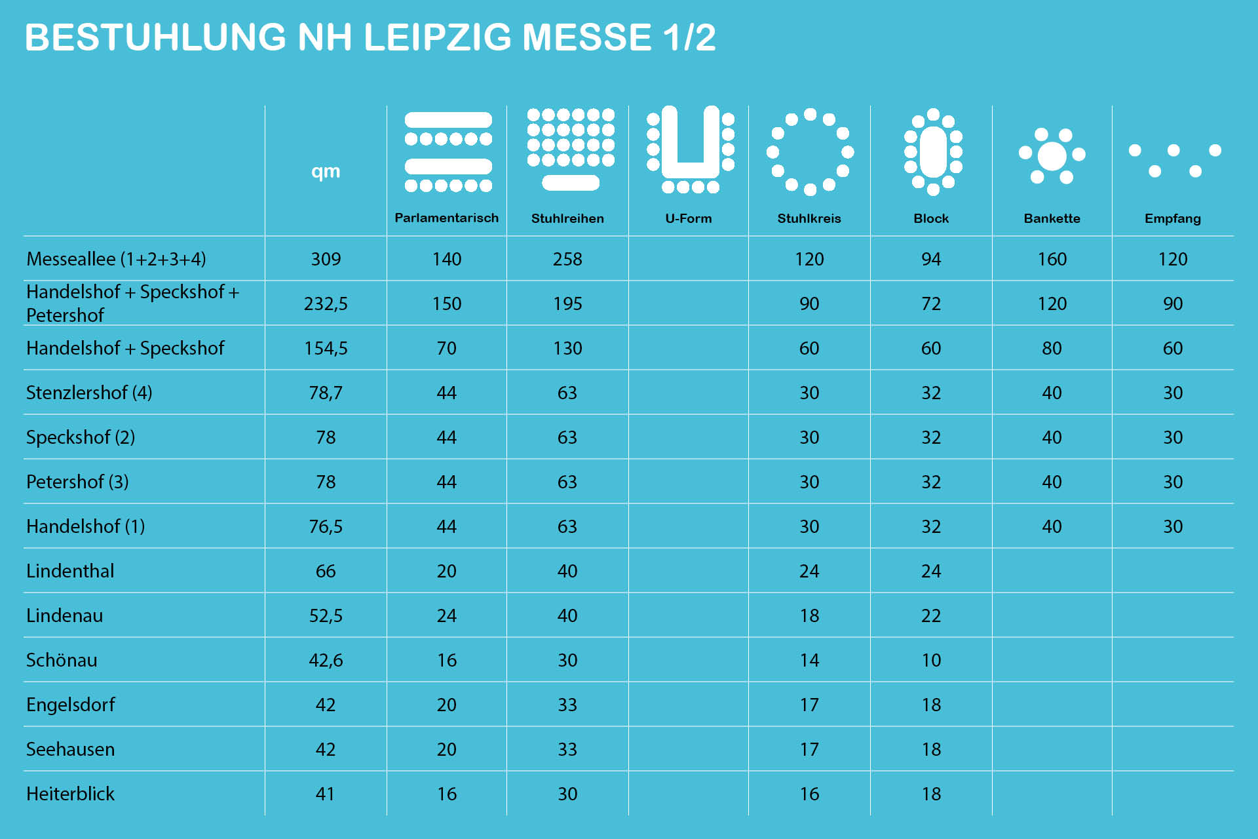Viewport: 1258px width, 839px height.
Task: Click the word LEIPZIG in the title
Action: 437,37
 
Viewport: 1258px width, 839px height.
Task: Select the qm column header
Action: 326,172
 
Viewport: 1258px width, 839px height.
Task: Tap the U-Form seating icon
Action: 690,149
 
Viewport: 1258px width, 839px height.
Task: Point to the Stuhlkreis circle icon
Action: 810,152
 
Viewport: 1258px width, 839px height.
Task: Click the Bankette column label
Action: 1052,219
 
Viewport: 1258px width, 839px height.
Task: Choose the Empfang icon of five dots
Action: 1173,160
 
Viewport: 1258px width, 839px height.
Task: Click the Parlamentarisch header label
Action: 446,218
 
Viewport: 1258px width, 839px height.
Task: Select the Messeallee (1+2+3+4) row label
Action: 116,259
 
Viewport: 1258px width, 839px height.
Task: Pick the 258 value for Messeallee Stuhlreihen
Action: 567,259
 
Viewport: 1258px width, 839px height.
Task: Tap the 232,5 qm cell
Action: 326,303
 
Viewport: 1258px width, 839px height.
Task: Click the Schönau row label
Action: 62,660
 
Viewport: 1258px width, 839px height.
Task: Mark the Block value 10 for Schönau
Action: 931,660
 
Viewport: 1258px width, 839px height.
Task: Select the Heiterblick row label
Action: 70,794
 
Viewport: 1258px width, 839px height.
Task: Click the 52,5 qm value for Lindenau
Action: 326,615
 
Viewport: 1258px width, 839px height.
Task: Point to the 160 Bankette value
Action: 1052,259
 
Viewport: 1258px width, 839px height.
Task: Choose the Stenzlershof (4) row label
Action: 89,393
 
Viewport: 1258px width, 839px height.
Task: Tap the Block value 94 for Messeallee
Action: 931,259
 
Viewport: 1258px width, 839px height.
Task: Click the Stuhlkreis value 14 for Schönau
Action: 809,660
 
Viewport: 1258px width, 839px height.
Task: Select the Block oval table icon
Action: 933,152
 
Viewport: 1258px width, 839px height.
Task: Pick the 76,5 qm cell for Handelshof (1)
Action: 326,526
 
